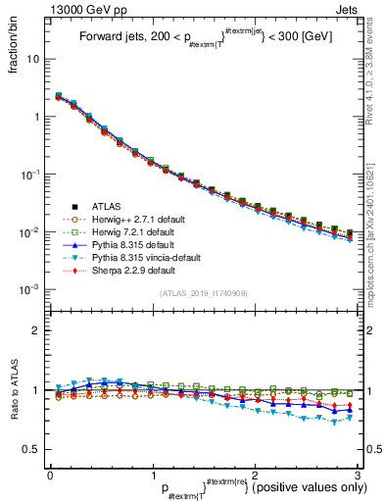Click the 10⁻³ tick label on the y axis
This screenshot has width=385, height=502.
(31, 290)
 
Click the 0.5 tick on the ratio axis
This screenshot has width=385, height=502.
(32, 449)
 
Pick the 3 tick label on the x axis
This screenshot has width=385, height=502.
(360, 475)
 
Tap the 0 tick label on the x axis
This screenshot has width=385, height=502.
(50, 475)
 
